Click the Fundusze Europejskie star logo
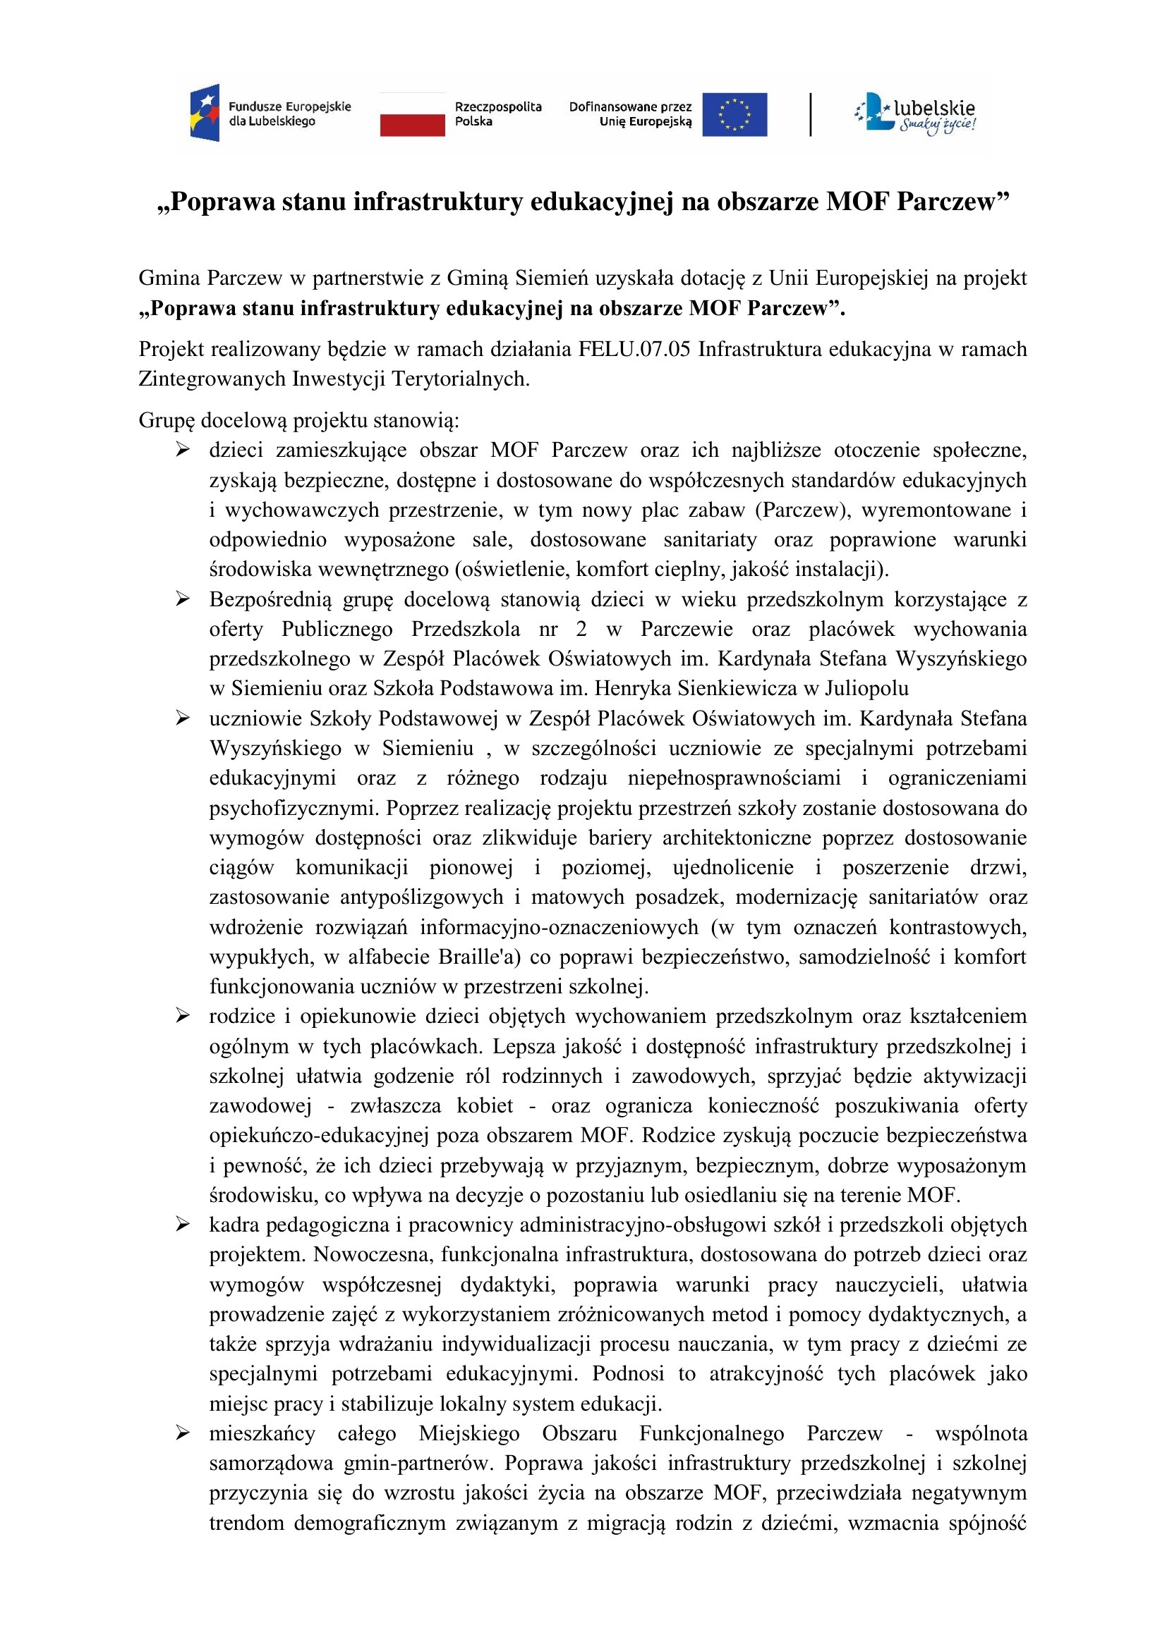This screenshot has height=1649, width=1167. tap(204, 114)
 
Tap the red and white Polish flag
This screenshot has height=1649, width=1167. tap(413, 115)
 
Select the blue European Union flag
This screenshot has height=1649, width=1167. tap(734, 115)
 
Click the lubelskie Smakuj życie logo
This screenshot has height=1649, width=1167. tap(916, 114)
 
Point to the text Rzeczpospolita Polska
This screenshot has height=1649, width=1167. tap(498, 114)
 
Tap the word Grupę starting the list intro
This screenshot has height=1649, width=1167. tap(167, 420)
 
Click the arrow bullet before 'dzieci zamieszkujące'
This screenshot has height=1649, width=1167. tap(183, 450)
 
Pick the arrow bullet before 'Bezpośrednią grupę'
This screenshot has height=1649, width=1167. tap(183, 599)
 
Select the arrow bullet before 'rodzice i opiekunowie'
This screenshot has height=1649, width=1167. tap(183, 1015)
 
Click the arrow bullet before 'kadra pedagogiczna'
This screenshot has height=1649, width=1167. tap(183, 1224)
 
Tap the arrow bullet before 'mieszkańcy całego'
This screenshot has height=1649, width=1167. tap(183, 1433)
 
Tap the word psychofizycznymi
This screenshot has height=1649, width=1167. tap(294, 808)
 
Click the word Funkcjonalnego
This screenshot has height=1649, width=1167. tap(711, 1433)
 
